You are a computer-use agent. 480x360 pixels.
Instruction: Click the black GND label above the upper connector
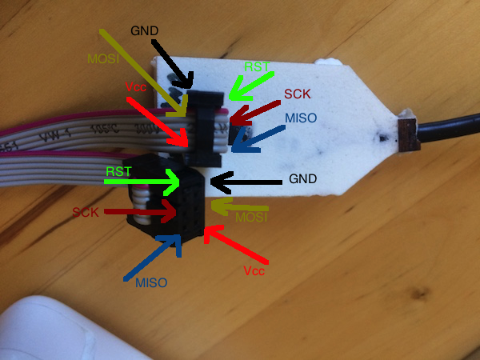144,30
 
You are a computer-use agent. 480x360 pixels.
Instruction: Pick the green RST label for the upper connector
257,67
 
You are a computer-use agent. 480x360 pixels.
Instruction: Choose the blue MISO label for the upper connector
301,118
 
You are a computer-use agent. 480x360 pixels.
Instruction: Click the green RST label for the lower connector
118,171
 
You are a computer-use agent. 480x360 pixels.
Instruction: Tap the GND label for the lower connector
303,179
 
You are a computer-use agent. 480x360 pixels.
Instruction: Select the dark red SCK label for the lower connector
85,212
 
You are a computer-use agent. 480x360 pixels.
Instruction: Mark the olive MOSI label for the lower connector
252,218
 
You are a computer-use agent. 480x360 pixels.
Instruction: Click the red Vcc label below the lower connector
254,270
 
